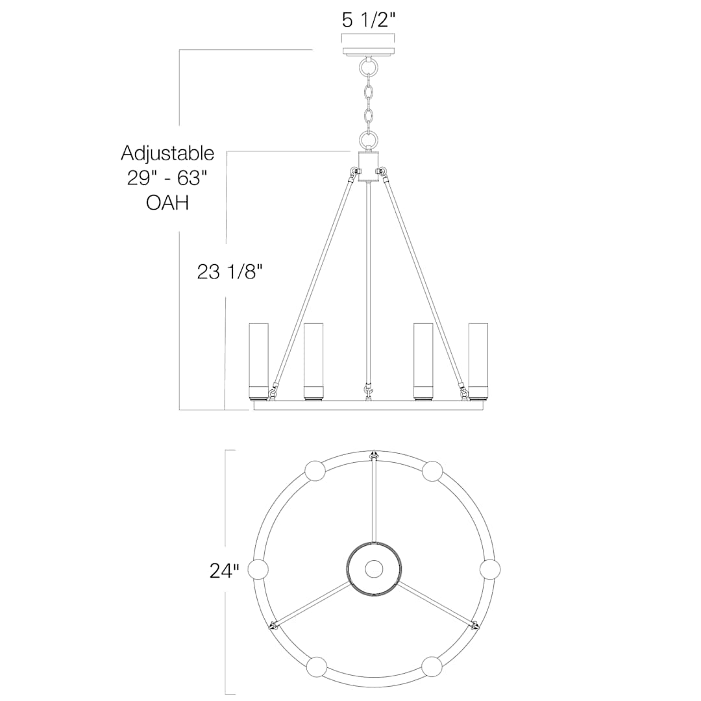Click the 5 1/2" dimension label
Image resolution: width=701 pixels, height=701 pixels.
tap(369, 20)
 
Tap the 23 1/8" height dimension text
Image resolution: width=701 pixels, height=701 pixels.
tap(229, 271)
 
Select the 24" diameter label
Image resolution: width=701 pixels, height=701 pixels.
tap(225, 571)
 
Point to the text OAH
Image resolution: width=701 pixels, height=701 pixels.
tap(167, 203)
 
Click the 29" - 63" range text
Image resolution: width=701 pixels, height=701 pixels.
tap(167, 178)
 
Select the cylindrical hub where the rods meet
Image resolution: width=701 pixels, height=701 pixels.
tap(369, 166)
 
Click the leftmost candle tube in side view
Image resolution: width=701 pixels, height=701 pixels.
tap(259, 361)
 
